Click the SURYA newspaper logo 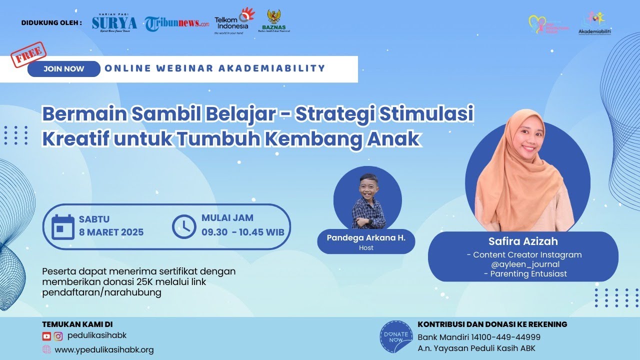point(114,23)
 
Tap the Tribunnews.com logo point(177,23)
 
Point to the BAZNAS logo point(273,21)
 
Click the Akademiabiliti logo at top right point(594,23)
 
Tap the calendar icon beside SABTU point(63,226)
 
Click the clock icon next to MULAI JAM point(184,226)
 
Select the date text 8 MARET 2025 point(111,232)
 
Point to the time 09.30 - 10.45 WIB point(243,232)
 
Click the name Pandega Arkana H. point(366,238)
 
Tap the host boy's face point(368,187)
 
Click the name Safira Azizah point(523,241)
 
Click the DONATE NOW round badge point(396,336)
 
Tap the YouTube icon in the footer point(46,336)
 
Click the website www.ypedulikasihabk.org point(104,350)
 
